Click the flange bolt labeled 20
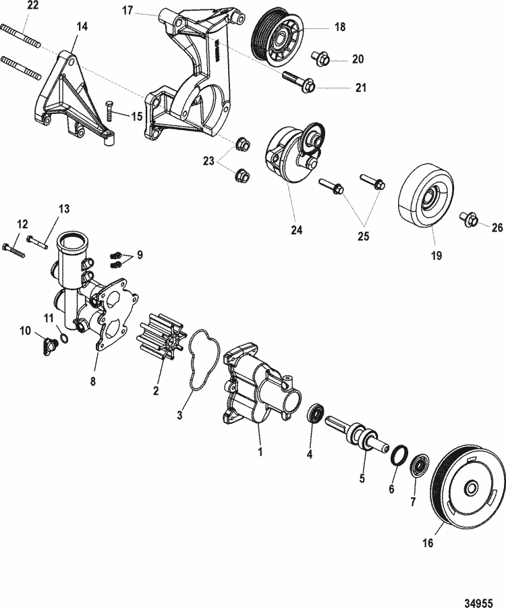point(322,59)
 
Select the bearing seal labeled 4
point(314,413)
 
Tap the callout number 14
point(82,27)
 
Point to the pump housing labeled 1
point(256,391)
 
